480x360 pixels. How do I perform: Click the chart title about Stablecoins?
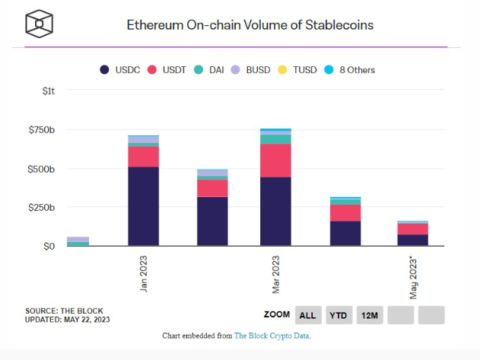250,24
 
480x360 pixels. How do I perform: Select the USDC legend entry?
121,69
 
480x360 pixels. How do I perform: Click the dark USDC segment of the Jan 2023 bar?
143,205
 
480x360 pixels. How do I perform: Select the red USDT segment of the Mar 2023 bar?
275,160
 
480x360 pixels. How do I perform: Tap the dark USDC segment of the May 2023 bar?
412,240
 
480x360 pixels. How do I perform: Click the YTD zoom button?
339,314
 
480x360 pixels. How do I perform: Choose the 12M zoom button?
370,314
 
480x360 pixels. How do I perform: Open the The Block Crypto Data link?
272,336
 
